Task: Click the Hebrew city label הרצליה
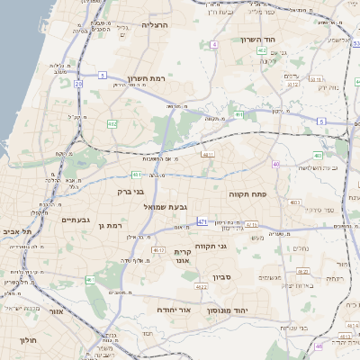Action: (156, 26)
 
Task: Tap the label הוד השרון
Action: (263, 40)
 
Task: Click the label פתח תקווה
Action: (281, 193)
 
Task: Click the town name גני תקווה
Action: (235, 245)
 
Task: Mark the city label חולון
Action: (25, 340)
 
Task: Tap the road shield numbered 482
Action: (112, 124)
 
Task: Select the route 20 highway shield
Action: (78, 84)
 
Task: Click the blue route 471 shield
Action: (202, 221)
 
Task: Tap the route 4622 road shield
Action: (202, 287)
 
